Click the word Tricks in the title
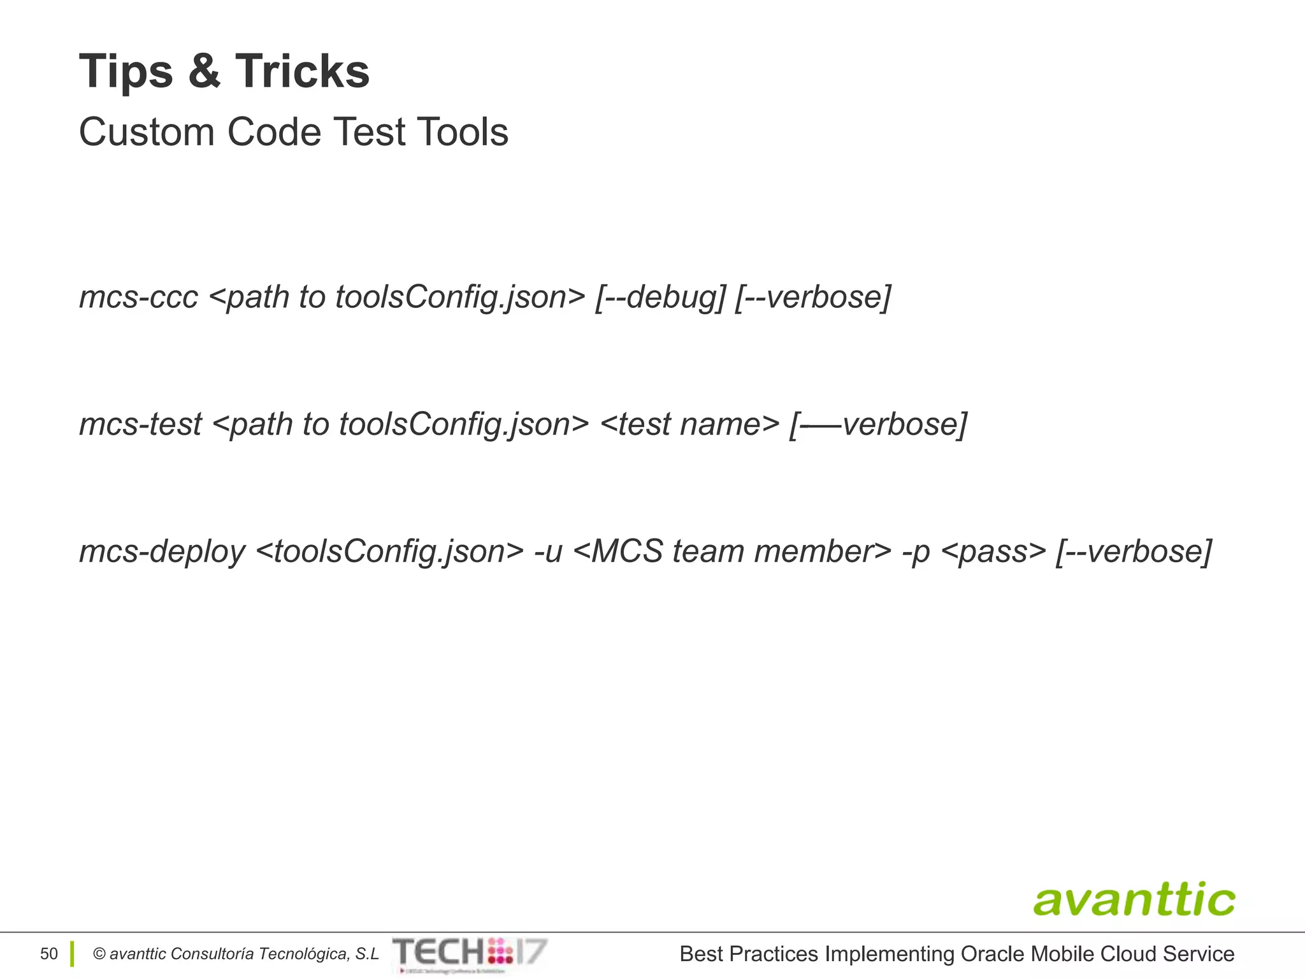point(302,71)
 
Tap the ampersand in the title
point(204,71)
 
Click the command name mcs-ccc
point(138,297)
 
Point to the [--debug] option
point(660,297)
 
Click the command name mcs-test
point(140,424)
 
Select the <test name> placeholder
point(689,424)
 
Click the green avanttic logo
point(1134,899)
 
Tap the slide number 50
point(48,954)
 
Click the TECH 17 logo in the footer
point(470,954)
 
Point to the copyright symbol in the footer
point(99,954)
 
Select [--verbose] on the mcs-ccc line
point(812,297)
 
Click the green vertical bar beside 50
point(72,954)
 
